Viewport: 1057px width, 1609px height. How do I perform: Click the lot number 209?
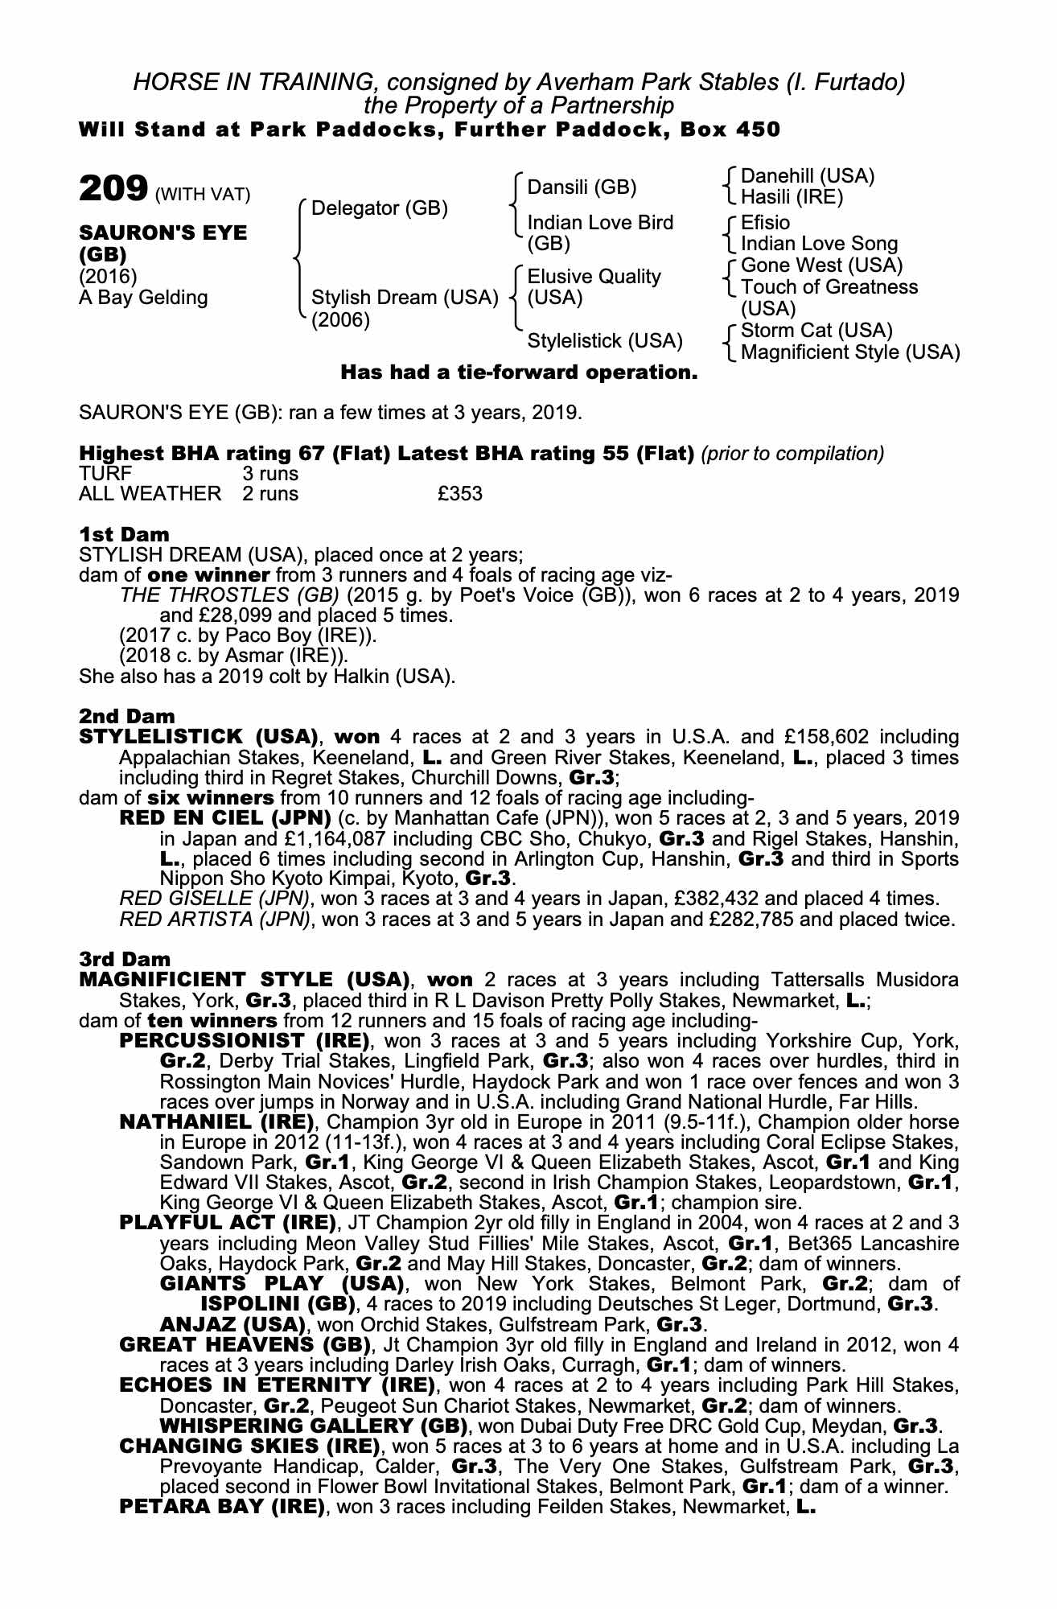(113, 190)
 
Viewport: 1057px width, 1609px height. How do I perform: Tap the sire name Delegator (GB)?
(379, 208)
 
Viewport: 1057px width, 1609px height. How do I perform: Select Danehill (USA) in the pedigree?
(807, 176)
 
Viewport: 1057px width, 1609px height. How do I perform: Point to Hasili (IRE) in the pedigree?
(792, 197)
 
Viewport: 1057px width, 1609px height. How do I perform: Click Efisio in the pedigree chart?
(765, 222)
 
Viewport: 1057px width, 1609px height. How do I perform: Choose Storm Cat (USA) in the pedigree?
(816, 331)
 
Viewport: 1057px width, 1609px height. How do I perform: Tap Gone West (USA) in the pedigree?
(821, 265)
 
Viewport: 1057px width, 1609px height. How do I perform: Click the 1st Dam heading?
(124, 534)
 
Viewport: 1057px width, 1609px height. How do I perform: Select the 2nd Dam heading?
(126, 716)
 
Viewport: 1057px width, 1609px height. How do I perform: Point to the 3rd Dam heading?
(125, 959)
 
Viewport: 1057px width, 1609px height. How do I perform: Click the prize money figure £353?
(460, 494)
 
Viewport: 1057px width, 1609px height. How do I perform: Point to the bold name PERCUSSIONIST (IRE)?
(244, 1041)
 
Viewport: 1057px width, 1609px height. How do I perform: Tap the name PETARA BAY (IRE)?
(221, 1507)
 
